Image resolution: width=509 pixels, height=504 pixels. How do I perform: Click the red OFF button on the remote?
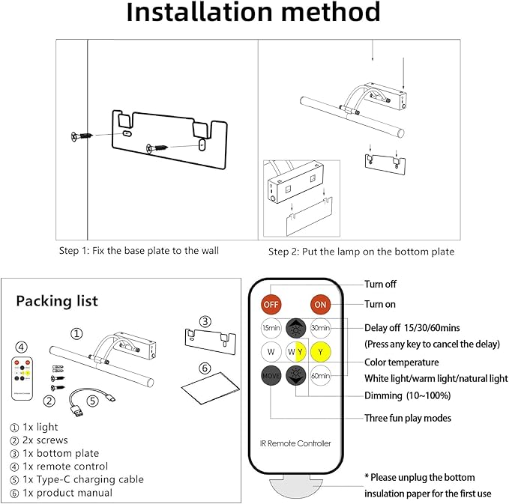[x=271, y=306]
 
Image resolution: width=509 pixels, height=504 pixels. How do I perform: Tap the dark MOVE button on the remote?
[x=271, y=375]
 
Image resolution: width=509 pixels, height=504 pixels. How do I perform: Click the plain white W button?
[x=271, y=351]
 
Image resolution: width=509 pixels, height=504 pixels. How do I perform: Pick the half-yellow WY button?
[x=296, y=351]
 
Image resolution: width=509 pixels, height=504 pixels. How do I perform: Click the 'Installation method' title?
[x=253, y=13]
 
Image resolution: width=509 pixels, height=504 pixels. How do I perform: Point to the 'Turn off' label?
[x=380, y=285]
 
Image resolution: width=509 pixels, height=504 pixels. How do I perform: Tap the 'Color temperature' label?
[x=401, y=362]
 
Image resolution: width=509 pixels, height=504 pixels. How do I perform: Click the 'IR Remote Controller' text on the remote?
[x=296, y=443]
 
